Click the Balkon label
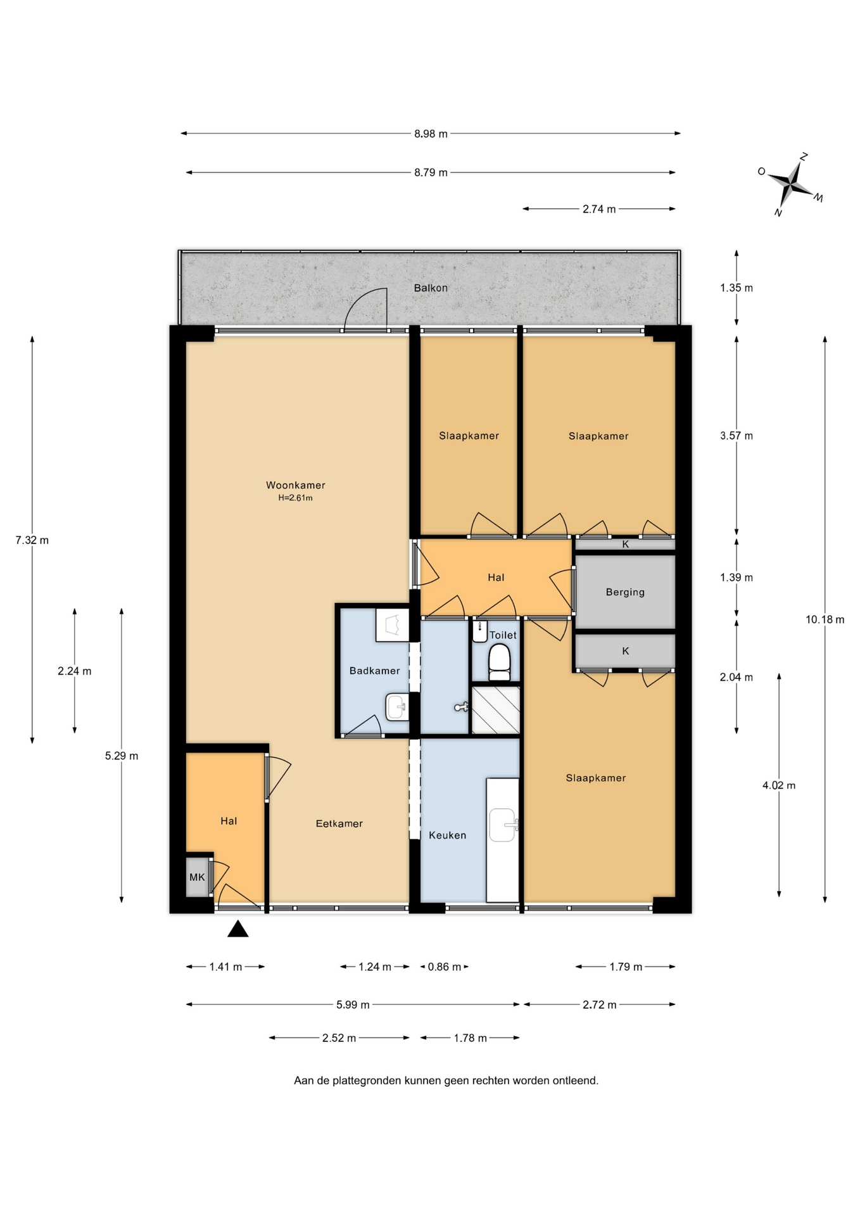[431, 288]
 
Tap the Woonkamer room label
[295, 485]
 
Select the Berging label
[625, 592]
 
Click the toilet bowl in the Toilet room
[500, 662]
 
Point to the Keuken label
[447, 835]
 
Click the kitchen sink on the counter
[503, 825]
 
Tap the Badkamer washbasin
[397, 707]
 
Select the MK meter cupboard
[198, 877]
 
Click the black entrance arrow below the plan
[238, 929]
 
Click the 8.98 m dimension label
[431, 134]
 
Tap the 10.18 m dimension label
[825, 619]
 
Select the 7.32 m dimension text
[32, 540]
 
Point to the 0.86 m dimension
[444, 966]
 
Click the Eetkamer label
[339, 823]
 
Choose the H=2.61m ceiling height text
[295, 498]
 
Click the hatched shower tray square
[496, 710]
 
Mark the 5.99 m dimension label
[353, 1004]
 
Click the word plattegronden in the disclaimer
[367, 1080]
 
